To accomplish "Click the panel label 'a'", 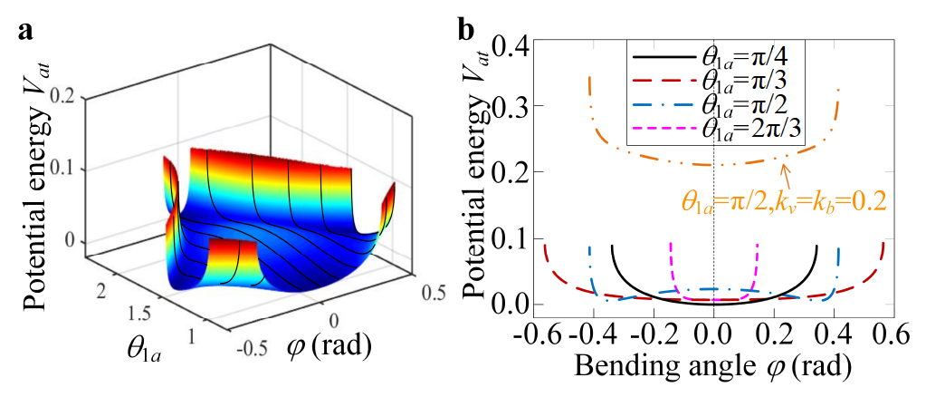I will [26, 30].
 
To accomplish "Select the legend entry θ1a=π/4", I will [716, 57].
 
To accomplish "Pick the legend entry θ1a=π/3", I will [716, 81].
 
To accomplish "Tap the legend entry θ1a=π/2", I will [716, 104].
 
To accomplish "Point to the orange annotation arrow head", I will [785, 161].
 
